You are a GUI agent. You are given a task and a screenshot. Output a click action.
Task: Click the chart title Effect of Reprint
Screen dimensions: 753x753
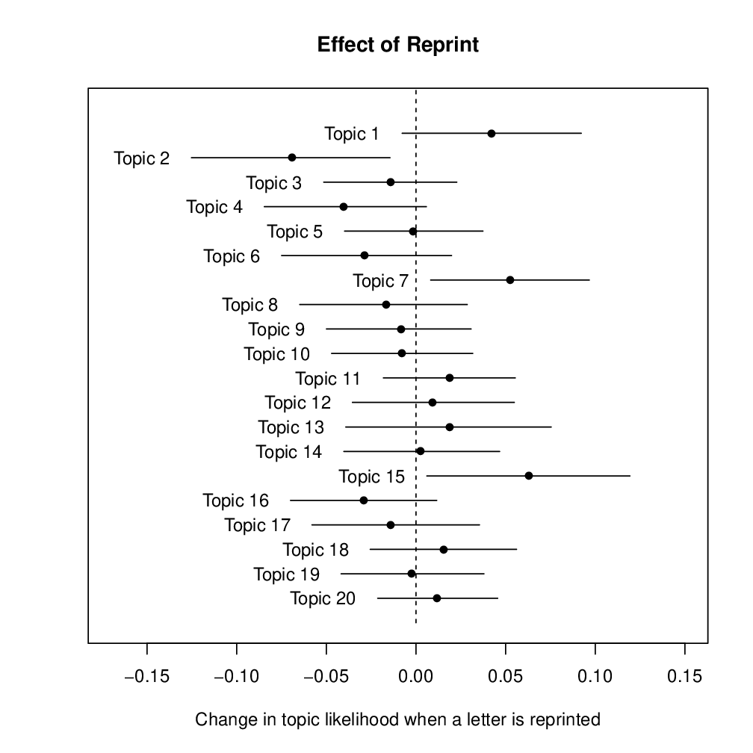[x=397, y=45]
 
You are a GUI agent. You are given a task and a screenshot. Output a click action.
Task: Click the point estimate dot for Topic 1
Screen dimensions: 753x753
[x=492, y=134]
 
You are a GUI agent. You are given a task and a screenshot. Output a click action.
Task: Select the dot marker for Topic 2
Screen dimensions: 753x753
[x=292, y=158]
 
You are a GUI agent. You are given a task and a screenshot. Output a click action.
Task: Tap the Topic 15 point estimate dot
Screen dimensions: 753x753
[x=529, y=476]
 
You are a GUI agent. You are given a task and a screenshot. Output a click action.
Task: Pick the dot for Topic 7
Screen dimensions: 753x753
[x=510, y=280]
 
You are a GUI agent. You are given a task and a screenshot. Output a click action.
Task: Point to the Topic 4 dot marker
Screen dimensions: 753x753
[x=344, y=207]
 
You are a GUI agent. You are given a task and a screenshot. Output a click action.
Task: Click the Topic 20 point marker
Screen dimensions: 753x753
[x=437, y=598]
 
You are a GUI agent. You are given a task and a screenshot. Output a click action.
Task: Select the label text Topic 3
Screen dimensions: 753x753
[x=274, y=183]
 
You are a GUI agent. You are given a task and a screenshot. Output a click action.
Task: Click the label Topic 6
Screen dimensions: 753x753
[x=232, y=257]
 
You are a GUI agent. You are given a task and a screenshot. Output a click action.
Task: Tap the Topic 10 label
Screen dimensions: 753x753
[x=276, y=354]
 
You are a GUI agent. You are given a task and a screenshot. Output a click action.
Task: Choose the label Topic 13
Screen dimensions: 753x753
[x=291, y=427]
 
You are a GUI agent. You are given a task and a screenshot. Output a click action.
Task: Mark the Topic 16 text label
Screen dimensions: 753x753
[x=235, y=501]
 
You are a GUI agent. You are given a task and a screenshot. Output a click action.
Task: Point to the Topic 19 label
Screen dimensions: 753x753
[x=287, y=574]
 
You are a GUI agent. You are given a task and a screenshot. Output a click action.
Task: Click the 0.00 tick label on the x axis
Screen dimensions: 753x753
[x=416, y=677]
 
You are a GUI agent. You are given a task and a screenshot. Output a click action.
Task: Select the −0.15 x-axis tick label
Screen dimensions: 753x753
[x=146, y=677]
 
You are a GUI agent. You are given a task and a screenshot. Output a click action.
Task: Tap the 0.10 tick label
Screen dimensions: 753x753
[x=595, y=677]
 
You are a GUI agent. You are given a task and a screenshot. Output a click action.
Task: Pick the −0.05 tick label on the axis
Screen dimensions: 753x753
[x=326, y=677]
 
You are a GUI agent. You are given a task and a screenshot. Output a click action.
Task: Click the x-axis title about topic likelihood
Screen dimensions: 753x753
[x=397, y=720]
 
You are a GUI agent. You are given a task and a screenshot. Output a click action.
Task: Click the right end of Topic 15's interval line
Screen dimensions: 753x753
[x=630, y=476]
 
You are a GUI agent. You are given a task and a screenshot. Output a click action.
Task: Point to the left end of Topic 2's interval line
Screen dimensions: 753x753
[x=191, y=158]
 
